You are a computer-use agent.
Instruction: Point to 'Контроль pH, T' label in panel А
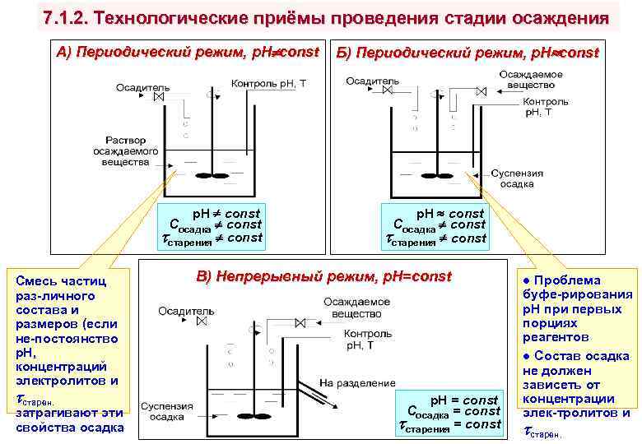(269, 83)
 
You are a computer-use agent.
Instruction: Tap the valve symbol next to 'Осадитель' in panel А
(160, 97)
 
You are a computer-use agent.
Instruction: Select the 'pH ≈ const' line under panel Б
(449, 213)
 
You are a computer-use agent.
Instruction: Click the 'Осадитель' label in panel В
(186, 312)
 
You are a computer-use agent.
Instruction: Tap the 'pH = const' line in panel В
(465, 400)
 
